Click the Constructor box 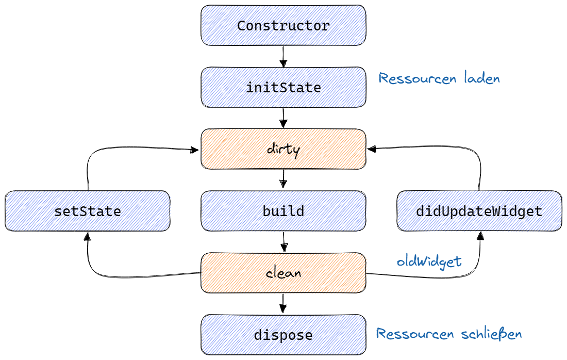283,25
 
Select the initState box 283,87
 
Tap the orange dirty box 283,149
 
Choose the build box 283,211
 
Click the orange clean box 283,272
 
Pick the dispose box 283,335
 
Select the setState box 87,211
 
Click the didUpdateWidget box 479,211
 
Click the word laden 481,78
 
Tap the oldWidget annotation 429,261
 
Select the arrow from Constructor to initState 283,56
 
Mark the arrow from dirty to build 283,179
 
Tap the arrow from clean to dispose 283,303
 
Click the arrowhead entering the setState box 87,235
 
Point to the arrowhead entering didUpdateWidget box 480,235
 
